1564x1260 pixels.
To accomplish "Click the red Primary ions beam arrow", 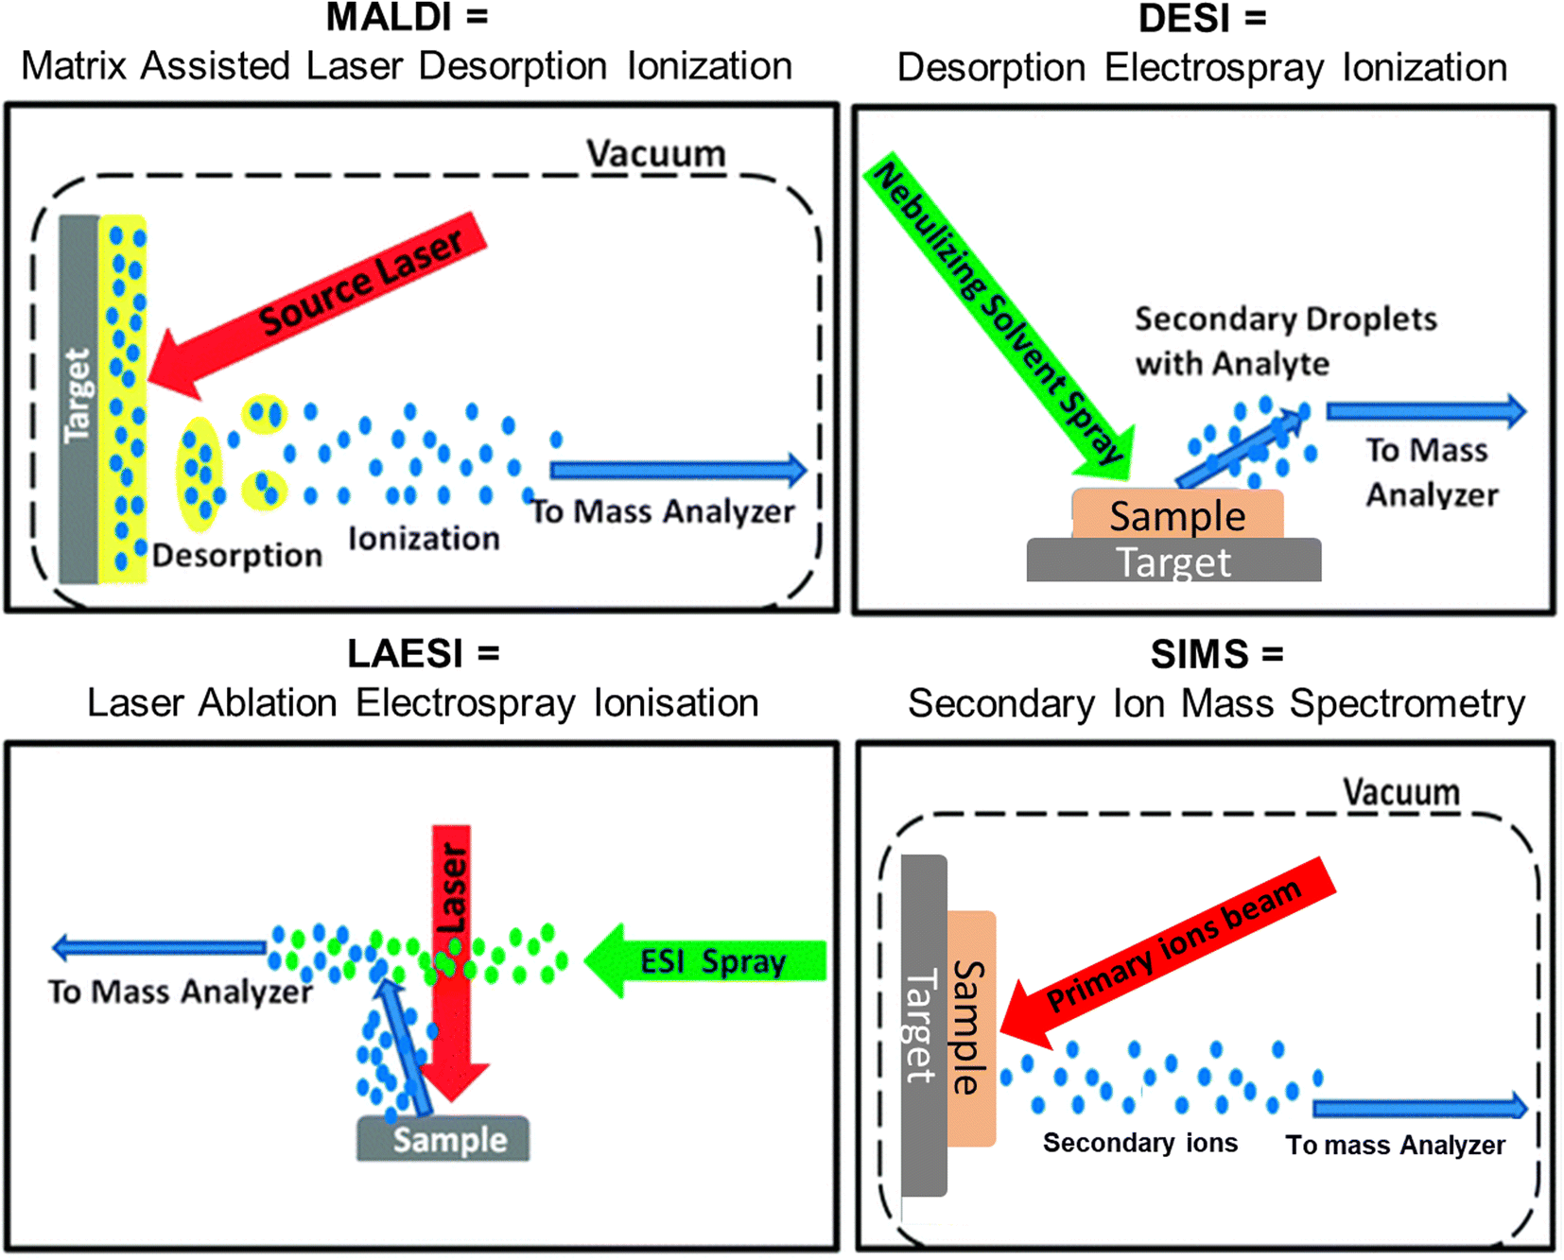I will [x=1173, y=945].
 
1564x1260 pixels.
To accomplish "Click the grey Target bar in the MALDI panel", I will [x=78, y=397].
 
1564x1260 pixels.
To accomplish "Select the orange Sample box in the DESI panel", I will [x=1177, y=515].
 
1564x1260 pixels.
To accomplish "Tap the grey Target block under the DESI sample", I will [x=1173, y=561].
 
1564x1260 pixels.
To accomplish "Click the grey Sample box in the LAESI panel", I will [x=443, y=1139].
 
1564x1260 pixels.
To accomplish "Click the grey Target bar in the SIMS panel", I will [x=923, y=1026].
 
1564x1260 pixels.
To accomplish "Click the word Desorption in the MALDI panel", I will [x=237, y=555].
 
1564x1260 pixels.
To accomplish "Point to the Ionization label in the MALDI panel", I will [x=424, y=538].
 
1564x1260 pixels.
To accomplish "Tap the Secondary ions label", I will [x=1139, y=1143].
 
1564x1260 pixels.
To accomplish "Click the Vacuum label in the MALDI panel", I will [x=655, y=153].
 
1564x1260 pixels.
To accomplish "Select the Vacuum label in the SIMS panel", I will [x=1401, y=792].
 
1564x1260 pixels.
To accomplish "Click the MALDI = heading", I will [x=407, y=18].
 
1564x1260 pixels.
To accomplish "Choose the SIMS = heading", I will [x=1216, y=654].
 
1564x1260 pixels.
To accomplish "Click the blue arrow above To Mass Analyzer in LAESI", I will [x=161, y=946].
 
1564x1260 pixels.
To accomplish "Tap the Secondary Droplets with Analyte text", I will [x=1284, y=340].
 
